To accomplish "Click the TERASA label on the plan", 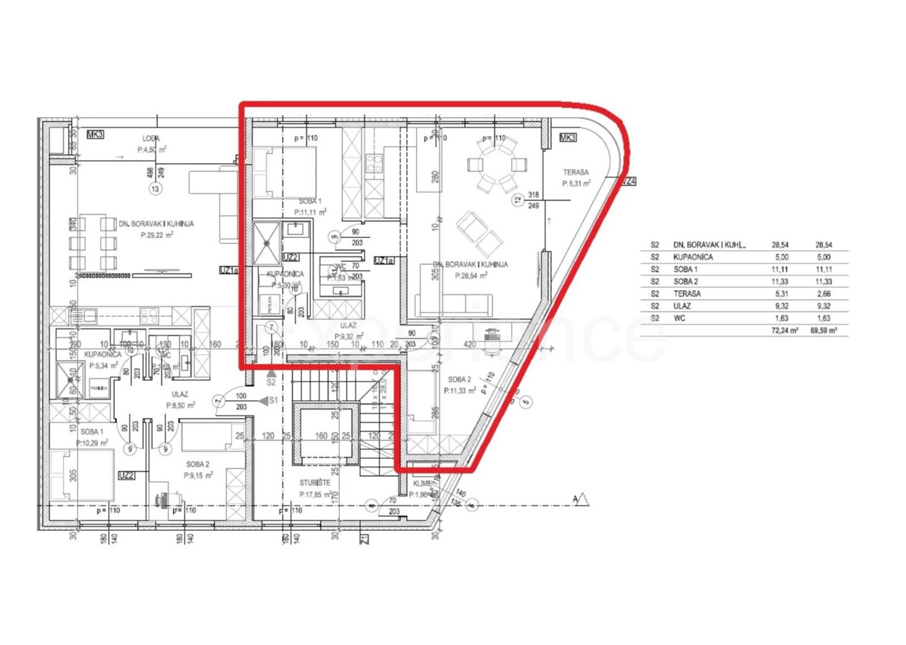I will coord(576,172).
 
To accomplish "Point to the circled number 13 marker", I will coord(156,188).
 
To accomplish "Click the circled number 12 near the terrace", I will coord(517,199).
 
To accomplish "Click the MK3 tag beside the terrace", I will coord(567,137).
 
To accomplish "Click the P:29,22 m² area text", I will coord(158,235).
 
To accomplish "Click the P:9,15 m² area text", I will coord(198,476).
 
